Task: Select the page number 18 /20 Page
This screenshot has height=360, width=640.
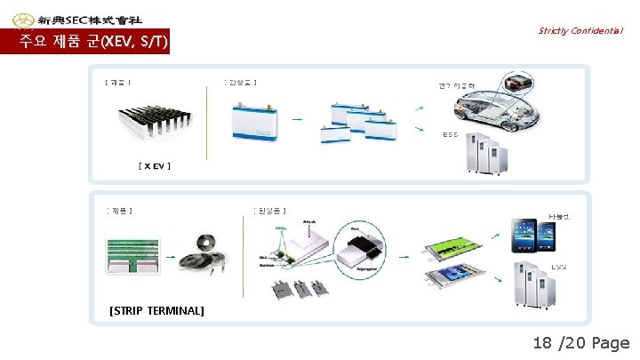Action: (580, 343)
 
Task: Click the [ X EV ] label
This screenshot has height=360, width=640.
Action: (155, 166)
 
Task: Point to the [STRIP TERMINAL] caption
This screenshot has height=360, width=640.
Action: (157, 310)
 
